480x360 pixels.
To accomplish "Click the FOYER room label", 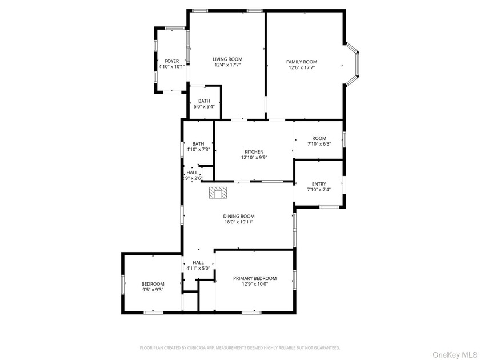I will tap(172, 61).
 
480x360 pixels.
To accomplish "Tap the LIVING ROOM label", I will tap(227, 59).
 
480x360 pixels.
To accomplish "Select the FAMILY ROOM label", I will tap(302, 62).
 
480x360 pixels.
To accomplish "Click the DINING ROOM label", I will tap(239, 216).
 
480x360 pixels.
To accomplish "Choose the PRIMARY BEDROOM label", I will tap(255, 278).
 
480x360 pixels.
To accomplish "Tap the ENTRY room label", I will tap(319, 184).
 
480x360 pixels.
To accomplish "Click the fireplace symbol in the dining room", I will tap(218, 193).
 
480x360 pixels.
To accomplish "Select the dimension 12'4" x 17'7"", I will tap(227, 65).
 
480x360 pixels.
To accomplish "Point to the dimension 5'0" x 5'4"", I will tap(204, 107).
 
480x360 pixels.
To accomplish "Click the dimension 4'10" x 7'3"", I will tap(198, 150).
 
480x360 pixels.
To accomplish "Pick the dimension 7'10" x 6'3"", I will tap(319, 144).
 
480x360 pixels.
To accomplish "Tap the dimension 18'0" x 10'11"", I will tap(239, 222).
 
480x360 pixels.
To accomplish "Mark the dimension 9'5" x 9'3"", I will tap(153, 290).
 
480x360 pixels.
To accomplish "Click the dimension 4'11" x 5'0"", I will tap(198, 268).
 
